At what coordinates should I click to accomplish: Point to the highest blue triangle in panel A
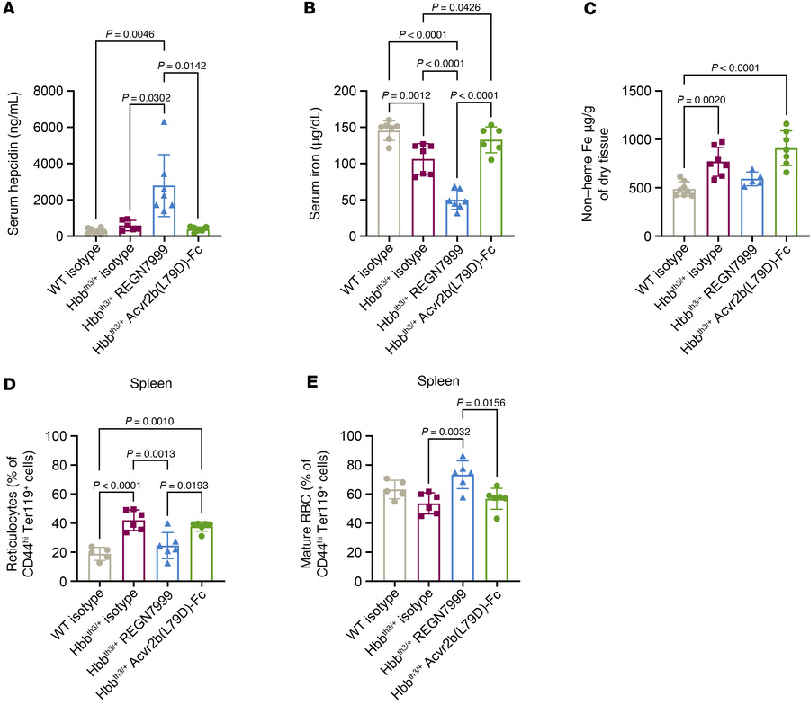coord(164,121)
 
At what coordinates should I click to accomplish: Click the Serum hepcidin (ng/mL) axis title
coord(15,162)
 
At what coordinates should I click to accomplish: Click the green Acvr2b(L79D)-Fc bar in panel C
coord(787,193)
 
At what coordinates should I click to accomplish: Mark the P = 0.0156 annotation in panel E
coord(504,403)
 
